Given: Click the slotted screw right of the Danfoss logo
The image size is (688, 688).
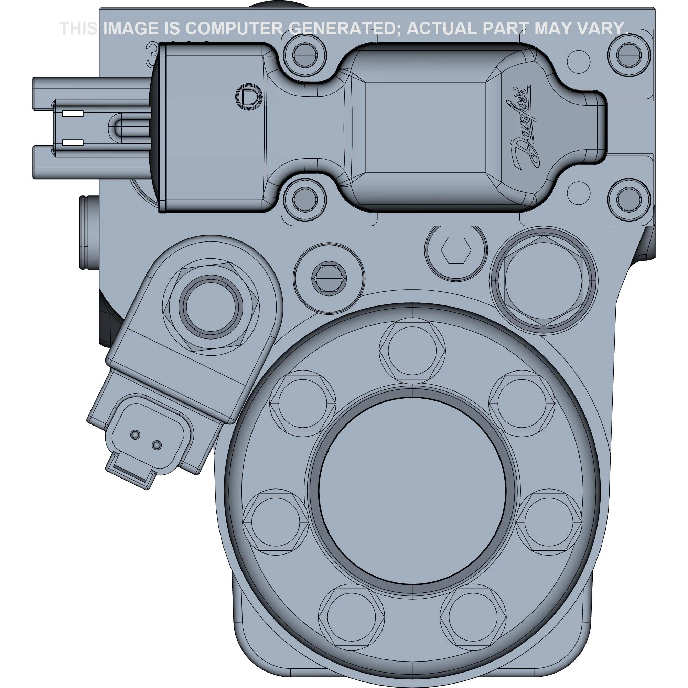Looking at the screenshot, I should (x=628, y=198).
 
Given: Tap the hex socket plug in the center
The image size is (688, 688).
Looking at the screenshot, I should (x=456, y=249).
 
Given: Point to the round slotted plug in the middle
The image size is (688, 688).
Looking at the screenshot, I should (x=329, y=279).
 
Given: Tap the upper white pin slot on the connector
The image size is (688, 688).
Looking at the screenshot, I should (x=73, y=114).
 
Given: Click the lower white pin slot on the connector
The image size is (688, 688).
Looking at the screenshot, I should (x=73, y=143).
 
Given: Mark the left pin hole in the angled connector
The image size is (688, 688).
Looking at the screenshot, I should (x=135, y=434).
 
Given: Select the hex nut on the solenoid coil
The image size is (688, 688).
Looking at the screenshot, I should (x=210, y=309).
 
